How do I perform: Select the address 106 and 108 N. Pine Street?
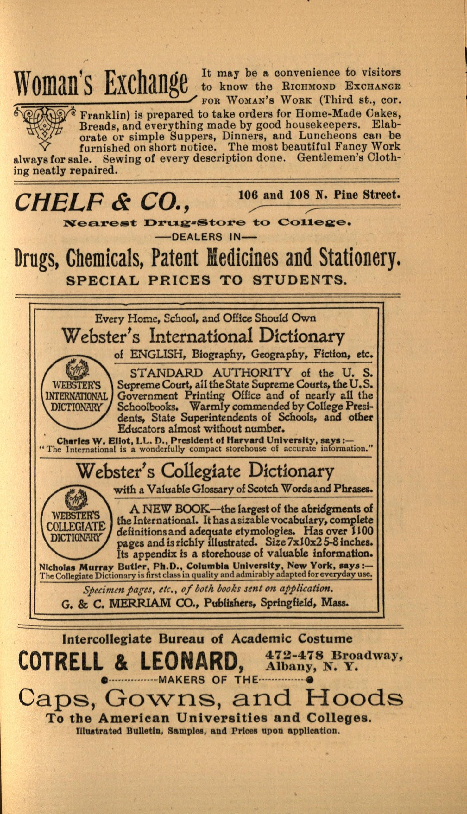tap(319, 195)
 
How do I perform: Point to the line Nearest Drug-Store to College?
tap(207, 222)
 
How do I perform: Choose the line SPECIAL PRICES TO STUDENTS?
tap(207, 280)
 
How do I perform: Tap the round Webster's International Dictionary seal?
tap(77, 395)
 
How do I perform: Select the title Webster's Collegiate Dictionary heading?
tap(205, 471)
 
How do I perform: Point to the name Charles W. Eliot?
tap(84, 441)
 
